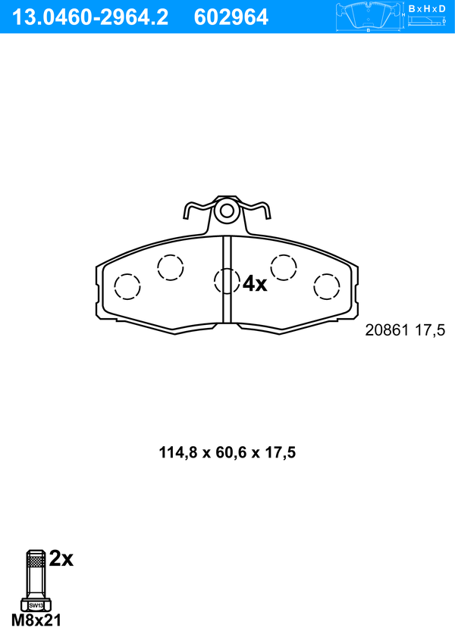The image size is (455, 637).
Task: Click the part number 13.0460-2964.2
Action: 90,17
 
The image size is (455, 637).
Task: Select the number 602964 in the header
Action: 231,17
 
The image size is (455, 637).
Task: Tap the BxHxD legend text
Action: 426,8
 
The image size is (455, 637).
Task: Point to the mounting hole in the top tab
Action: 227,211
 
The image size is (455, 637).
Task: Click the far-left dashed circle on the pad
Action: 127,286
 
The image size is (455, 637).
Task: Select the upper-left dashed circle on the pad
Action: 171,267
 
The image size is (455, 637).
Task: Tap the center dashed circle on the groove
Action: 227,281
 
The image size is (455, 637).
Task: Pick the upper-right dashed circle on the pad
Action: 284,267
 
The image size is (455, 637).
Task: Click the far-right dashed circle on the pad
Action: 327,286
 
